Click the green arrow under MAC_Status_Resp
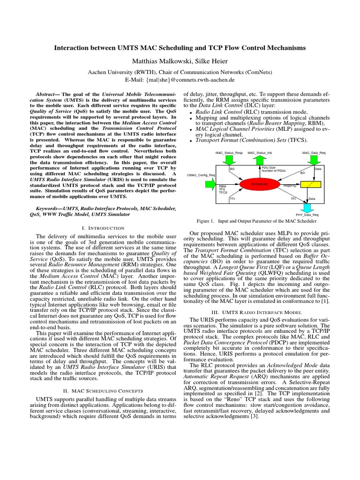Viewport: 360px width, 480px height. pyautogui.click(x=229, y=160)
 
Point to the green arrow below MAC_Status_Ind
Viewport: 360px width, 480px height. pyautogui.click(x=261, y=160)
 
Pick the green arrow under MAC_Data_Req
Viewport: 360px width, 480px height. pyautogui.click(x=310, y=160)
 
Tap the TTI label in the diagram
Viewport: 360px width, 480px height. pyautogui.click(x=232, y=199)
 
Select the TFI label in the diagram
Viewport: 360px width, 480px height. pyautogui.click(x=293, y=199)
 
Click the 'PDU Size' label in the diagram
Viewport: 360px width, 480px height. pyautogui.click(x=269, y=167)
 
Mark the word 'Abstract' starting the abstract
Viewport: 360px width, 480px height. pyautogui.click(x=48, y=94)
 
